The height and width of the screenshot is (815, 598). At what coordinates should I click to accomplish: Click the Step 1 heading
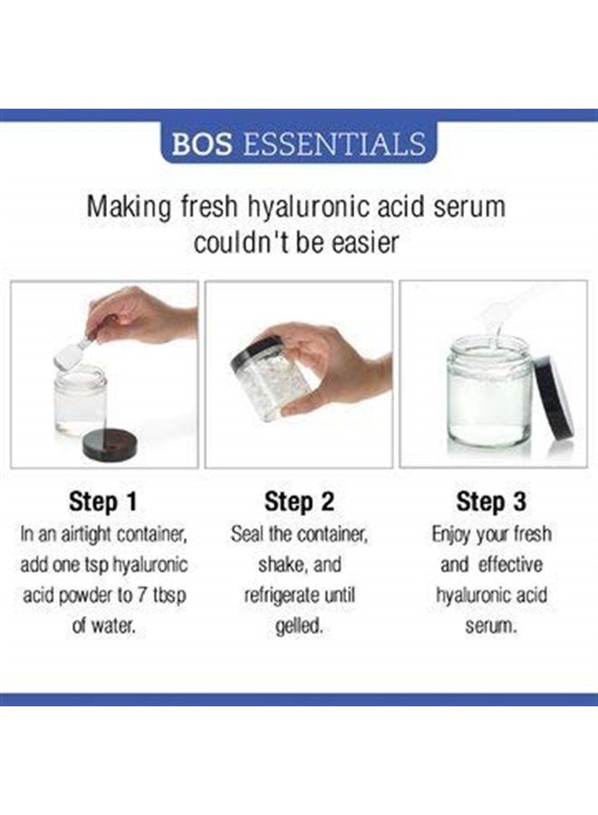[104, 501]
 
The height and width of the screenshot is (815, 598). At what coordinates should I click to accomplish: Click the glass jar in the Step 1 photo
[79, 398]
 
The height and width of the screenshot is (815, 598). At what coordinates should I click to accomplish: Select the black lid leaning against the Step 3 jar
[555, 393]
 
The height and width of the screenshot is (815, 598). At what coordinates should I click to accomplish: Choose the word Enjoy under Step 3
[454, 533]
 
